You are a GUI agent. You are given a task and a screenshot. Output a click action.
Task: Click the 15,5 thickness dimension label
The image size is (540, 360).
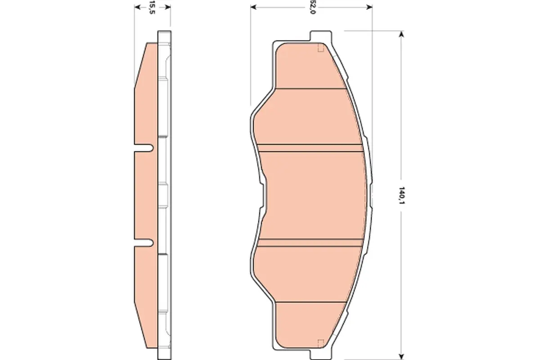click(152, 7)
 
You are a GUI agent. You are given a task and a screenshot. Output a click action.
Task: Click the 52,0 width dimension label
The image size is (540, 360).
click(312, 7)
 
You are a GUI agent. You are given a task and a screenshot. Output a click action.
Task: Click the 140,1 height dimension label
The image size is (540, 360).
click(401, 195)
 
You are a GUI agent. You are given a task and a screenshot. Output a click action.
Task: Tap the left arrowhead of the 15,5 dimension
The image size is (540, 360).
click(137, 7)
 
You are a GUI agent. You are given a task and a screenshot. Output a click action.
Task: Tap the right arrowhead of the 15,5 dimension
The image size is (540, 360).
click(168, 7)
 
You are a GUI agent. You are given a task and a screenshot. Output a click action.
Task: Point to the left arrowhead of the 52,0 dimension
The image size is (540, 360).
click(254, 7)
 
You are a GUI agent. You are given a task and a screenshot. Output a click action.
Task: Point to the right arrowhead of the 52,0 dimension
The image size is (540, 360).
click(369, 7)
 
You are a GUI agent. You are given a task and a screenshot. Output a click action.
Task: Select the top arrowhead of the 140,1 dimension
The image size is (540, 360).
click(401, 34)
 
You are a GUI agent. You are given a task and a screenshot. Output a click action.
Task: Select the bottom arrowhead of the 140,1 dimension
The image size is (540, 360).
click(401, 356)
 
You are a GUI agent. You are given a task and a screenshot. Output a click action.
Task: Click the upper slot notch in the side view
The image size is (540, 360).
click(144, 148)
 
